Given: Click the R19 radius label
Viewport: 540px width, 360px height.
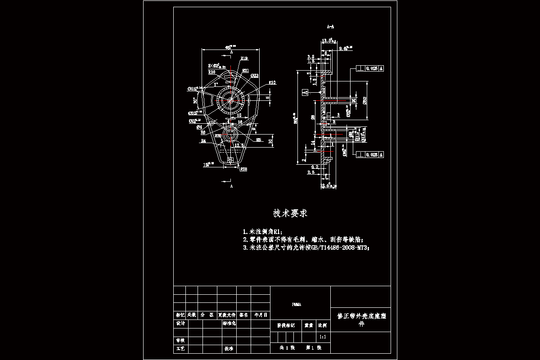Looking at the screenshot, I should pos(244,58).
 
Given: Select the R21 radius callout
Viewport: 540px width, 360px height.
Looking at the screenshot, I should pos(246,70).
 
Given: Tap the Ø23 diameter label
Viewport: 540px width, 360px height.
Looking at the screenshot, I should pos(254,76).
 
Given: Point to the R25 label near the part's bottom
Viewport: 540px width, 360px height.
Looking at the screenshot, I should pos(243,169).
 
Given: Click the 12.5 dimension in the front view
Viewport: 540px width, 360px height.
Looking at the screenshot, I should pos(239,145).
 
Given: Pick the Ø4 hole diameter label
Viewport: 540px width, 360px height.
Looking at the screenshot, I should pos(199,127).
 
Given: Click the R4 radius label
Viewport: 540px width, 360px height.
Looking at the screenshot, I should pos(203,141).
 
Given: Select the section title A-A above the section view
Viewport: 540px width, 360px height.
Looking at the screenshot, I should pos(330,27).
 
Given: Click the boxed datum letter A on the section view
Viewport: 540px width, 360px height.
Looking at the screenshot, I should pos(305,92).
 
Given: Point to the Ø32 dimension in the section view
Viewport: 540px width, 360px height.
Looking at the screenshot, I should pos(365,100).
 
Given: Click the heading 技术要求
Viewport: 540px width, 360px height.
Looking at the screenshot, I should pos(290,213).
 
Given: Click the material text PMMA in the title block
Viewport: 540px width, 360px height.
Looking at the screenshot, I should pos(297,305).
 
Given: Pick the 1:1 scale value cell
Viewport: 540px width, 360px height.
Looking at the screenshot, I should pos(322,337).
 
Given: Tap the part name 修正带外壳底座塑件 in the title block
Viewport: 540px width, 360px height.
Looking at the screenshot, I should pos(361,319).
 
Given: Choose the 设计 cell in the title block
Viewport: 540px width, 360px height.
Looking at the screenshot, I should pos(180,324).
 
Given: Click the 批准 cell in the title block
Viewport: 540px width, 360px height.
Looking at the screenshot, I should pos(229,348).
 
